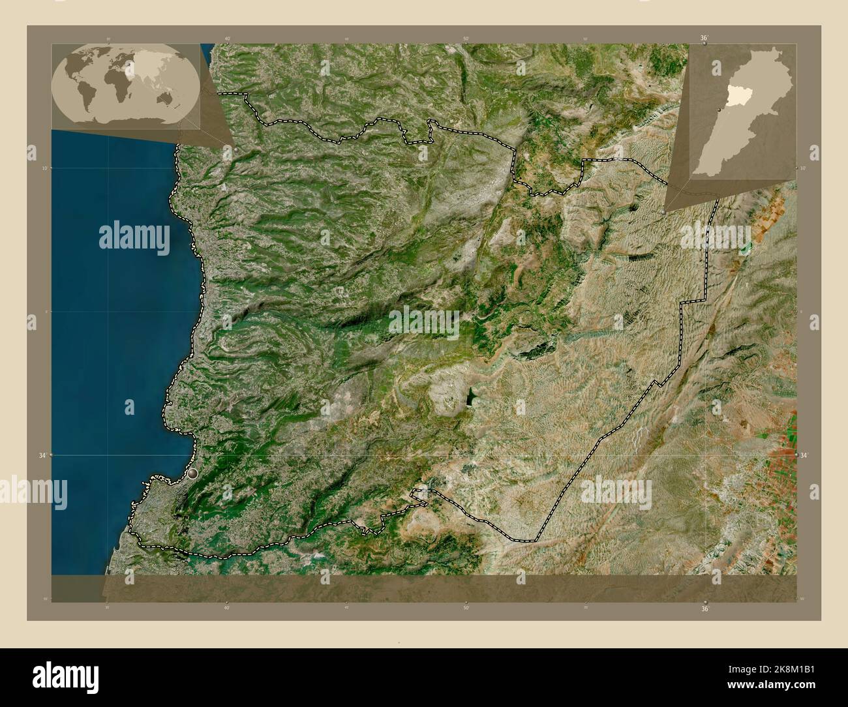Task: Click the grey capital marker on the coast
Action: pos(192,475)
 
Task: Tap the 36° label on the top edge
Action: pos(704,38)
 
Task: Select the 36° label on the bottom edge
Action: pos(704,609)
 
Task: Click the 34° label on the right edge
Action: pos(804,455)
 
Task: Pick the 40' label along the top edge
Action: pos(227,38)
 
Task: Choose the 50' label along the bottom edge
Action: pos(466,608)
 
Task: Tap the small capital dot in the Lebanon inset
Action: pos(718,110)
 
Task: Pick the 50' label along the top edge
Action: pos(466,38)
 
